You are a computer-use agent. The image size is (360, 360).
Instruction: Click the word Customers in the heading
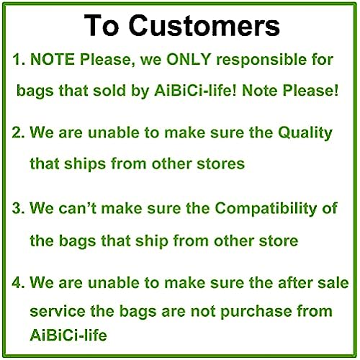(x=204, y=25)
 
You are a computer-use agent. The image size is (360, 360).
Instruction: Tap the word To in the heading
(x=102, y=25)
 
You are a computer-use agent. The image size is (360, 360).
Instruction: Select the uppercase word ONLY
(x=189, y=59)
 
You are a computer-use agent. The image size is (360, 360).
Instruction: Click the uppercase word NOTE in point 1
(x=53, y=59)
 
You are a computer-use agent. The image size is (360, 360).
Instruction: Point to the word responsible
(x=261, y=60)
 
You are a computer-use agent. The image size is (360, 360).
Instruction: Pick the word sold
(x=109, y=91)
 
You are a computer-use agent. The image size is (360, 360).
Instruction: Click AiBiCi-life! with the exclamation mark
(x=195, y=91)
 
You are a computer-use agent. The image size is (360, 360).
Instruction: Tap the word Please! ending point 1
(x=310, y=91)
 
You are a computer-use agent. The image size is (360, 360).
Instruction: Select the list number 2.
(x=19, y=132)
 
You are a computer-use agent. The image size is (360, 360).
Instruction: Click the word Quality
(x=305, y=133)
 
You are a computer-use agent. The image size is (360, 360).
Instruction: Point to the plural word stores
(x=220, y=164)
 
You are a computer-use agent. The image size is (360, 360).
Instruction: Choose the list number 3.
(x=19, y=208)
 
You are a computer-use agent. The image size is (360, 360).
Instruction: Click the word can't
(x=77, y=208)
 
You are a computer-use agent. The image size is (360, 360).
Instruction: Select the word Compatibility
(x=266, y=208)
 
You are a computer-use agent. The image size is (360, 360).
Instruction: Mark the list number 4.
(x=19, y=282)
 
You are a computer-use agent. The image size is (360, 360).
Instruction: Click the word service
(x=58, y=311)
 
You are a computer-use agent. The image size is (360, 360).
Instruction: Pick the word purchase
(x=256, y=312)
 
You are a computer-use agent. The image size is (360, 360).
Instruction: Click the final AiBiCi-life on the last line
(x=68, y=335)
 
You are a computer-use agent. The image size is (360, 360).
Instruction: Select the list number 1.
(x=19, y=59)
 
